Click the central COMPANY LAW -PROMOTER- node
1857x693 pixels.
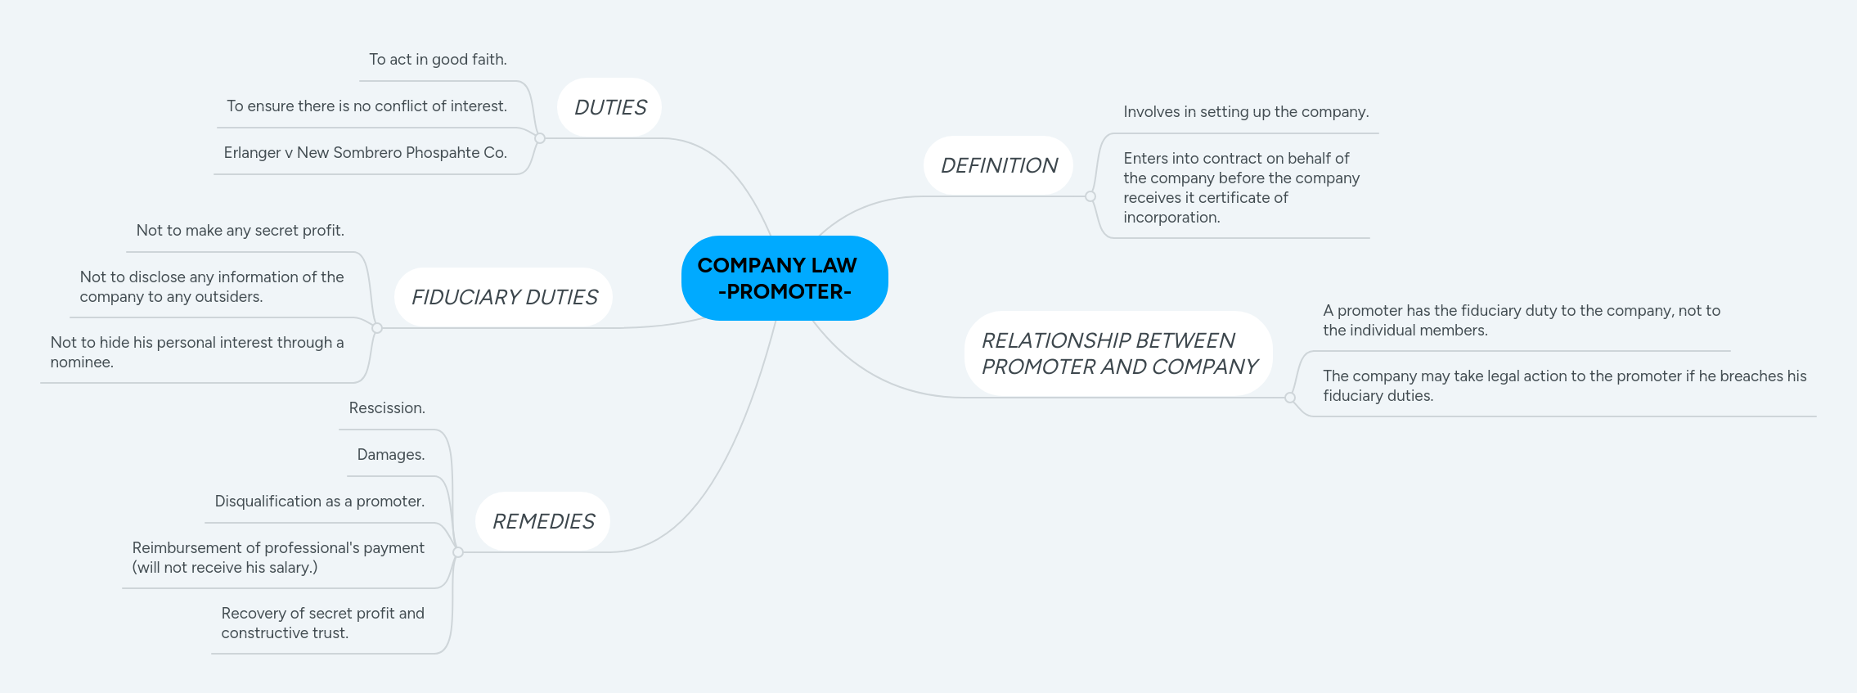pyautogui.click(x=785, y=278)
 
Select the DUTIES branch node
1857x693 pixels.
pyautogui.click(x=609, y=107)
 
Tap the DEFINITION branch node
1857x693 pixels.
pyautogui.click(x=999, y=165)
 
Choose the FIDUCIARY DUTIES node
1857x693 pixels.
pyautogui.click(x=504, y=297)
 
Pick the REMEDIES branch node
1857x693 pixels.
pyautogui.click(x=543, y=521)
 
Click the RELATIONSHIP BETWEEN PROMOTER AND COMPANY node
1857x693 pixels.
pyautogui.click(x=1119, y=353)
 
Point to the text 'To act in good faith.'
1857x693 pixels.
pyautogui.click(x=438, y=60)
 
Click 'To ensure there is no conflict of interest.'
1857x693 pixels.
pyautogui.click(x=366, y=106)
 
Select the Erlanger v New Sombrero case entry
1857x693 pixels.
pyautogui.click(x=365, y=153)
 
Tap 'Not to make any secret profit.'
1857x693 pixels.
pyautogui.click(x=240, y=231)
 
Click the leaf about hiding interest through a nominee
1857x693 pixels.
pyautogui.click(x=197, y=353)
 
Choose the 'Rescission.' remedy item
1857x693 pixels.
pyautogui.click(x=387, y=408)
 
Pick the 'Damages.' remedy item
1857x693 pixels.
pyautogui.click(x=391, y=455)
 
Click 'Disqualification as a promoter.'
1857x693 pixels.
pyautogui.click(x=320, y=502)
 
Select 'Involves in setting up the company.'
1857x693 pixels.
pyautogui.click(x=1246, y=112)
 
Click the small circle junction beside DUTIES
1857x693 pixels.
pyautogui.click(x=540, y=138)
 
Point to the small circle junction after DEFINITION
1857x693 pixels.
pyautogui.click(x=1090, y=196)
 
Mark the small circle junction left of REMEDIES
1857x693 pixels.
pyautogui.click(x=458, y=552)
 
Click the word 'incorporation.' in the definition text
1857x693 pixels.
pyautogui.click(x=1171, y=218)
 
